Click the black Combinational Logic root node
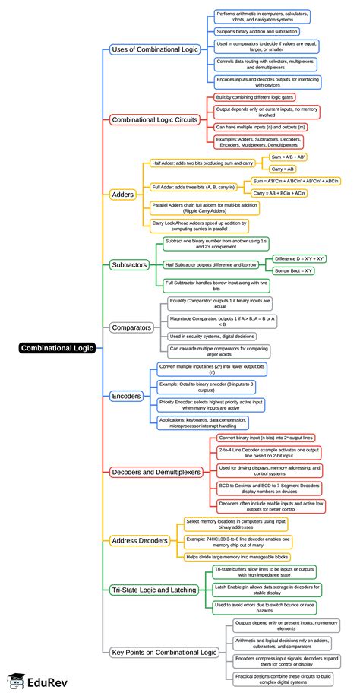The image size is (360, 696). [57, 348]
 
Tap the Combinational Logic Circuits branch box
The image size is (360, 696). [155, 119]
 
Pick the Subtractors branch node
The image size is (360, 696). [130, 265]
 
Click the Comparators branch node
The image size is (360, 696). [132, 327]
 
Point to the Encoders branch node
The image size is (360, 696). [126, 396]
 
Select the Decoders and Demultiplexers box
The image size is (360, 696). [156, 472]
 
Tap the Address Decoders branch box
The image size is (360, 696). [141, 540]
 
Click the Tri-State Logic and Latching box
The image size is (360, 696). [154, 589]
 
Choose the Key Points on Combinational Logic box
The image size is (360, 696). [164, 652]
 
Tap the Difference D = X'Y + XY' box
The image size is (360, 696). [299, 258]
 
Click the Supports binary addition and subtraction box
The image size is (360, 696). [256, 31]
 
